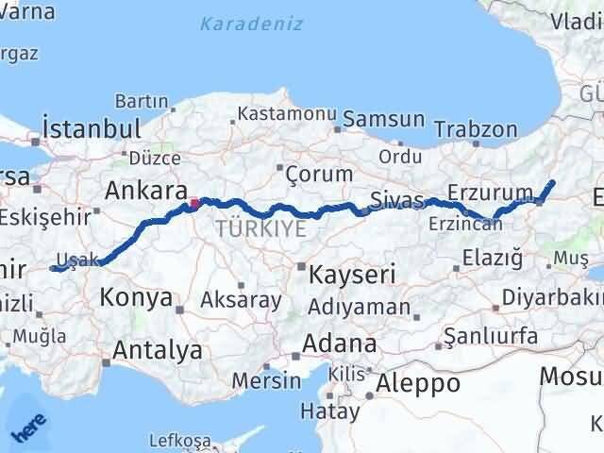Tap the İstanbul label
92,128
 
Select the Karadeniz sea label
251,23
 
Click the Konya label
137,299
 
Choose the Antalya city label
157,350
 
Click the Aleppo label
418,383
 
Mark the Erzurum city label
485,192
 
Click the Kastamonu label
287,113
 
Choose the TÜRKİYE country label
260,227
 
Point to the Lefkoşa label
180,440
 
